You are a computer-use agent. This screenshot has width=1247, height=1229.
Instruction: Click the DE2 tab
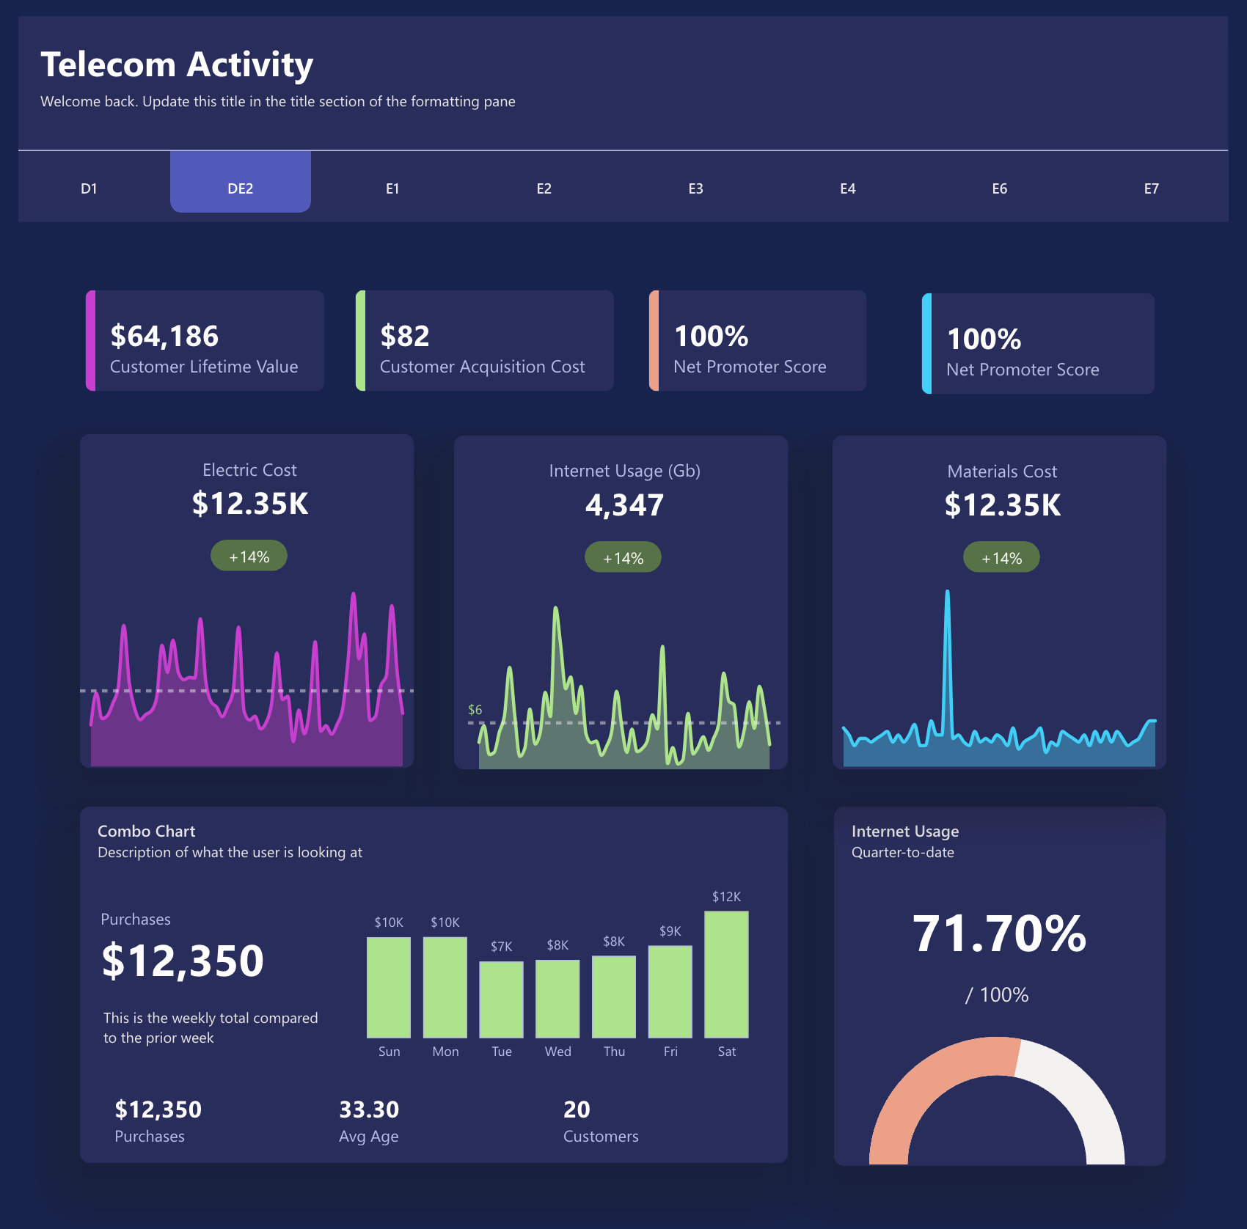pos(240,188)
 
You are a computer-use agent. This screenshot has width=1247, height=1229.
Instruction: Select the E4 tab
pos(847,188)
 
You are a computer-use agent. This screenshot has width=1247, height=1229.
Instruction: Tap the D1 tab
pos(89,188)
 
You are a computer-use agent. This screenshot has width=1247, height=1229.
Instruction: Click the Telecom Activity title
pos(177,65)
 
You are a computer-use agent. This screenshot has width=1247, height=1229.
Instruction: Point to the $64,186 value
pos(164,336)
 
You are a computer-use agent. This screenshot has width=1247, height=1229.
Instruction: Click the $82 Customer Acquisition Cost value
pos(405,336)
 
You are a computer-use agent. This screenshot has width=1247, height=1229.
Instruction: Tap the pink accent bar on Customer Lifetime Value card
pos(90,340)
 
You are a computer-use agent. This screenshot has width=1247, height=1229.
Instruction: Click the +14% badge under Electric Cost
pos(249,557)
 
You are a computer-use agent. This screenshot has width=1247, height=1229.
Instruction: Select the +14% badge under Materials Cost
pos(1001,558)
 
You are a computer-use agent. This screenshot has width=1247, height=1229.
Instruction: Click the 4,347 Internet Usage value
pos(624,505)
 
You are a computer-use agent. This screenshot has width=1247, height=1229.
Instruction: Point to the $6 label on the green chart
pos(475,710)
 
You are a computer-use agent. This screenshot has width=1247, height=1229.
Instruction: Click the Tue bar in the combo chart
pos(501,999)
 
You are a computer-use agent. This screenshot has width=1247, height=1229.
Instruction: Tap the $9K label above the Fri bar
pos(670,931)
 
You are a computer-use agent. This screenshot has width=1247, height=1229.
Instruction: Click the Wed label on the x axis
pos(557,1052)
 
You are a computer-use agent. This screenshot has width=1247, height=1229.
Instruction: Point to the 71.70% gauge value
pos(999,934)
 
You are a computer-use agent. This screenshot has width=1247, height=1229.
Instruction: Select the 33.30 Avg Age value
pos(368,1109)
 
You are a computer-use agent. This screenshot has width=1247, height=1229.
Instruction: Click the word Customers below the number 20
pos(600,1137)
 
